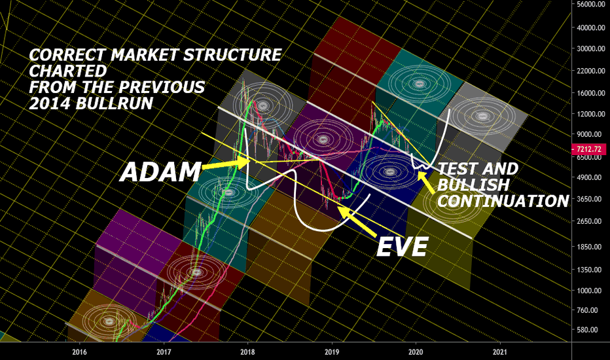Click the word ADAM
pyautogui.click(x=160, y=172)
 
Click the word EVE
pyautogui.click(x=403, y=246)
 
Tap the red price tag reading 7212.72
pyautogui.click(x=588, y=149)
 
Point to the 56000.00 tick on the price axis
pyautogui.click(x=590, y=4)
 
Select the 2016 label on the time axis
pyautogui.click(x=79, y=352)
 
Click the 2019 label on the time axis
pyautogui.click(x=332, y=352)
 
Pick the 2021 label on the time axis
pyautogui.click(x=500, y=352)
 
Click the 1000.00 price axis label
pyautogui.click(x=592, y=291)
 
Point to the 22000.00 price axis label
pyautogui.click(x=590, y=71)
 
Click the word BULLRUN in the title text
pyautogui.click(x=115, y=103)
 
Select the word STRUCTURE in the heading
pyautogui.click(x=232, y=54)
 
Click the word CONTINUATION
pyautogui.click(x=503, y=201)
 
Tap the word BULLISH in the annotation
pyautogui.click(x=473, y=185)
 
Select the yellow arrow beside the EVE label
pyautogui.click(x=357, y=221)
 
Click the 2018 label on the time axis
pyautogui.click(x=248, y=352)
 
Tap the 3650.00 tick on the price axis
pyautogui.click(x=592, y=199)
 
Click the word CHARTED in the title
pyautogui.click(x=67, y=71)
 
